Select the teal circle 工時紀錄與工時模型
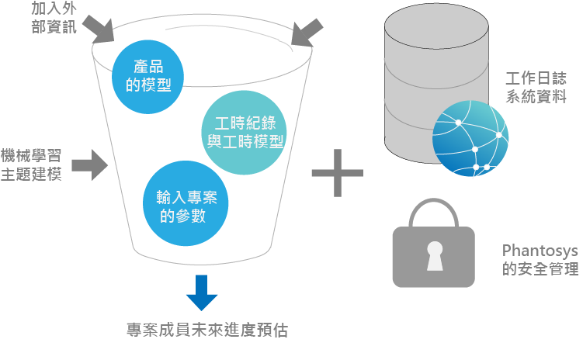point(244,132)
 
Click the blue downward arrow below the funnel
point(201,291)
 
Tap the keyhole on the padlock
point(434,255)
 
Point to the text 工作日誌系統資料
point(536,88)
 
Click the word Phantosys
point(540,251)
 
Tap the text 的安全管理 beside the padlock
point(540,270)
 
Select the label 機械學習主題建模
point(31,164)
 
